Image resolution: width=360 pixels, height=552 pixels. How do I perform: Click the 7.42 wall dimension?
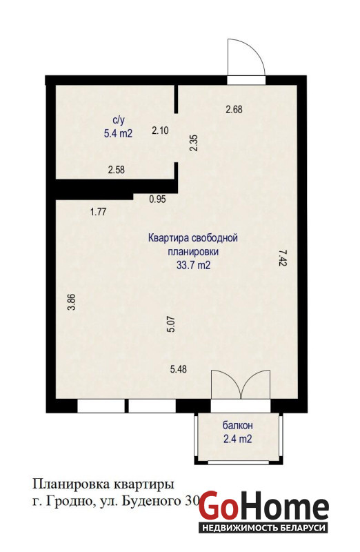[x=283, y=258]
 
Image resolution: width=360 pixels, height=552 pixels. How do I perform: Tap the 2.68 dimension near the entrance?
[x=234, y=110]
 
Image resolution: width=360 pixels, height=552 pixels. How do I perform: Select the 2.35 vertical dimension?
[x=194, y=144]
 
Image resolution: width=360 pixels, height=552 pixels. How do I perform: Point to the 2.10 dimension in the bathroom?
[x=160, y=130]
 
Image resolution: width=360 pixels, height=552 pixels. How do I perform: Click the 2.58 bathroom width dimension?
[x=116, y=170]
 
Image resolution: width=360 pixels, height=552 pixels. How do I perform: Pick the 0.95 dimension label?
[x=157, y=199]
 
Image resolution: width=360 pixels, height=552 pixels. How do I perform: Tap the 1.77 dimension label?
[x=98, y=212]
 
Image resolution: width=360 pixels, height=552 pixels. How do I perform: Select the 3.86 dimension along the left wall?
[x=72, y=302]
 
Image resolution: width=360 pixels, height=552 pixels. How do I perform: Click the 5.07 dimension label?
[x=171, y=324]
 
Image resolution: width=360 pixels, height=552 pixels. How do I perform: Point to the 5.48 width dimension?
[x=179, y=369]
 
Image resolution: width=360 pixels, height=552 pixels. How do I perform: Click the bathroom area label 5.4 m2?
[x=118, y=133]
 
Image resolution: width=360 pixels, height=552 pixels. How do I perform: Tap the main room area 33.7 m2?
[x=193, y=265]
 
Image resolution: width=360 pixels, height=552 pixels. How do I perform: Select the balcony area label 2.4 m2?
[x=237, y=439]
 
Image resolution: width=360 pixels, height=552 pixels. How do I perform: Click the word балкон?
[x=237, y=426]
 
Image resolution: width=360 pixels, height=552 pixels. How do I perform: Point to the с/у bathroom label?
[x=118, y=120]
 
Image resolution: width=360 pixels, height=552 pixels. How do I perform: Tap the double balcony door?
[x=241, y=384]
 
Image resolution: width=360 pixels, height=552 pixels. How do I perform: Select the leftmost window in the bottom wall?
[x=101, y=406]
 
